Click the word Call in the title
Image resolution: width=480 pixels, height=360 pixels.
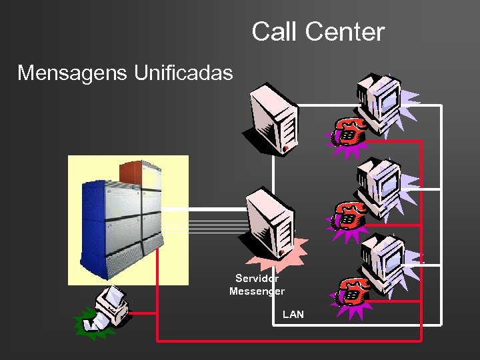[x=272, y=31]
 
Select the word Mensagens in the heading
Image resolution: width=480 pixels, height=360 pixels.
[x=73, y=72]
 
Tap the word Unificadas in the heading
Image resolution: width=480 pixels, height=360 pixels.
[x=183, y=72]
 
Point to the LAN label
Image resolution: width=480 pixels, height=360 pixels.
[x=293, y=313]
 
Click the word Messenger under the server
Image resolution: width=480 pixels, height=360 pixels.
[x=257, y=291]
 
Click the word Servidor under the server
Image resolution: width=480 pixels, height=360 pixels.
[x=257, y=279]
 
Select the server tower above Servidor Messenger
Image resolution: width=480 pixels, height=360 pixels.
[x=271, y=223]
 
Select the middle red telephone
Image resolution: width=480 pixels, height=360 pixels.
[x=349, y=215]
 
